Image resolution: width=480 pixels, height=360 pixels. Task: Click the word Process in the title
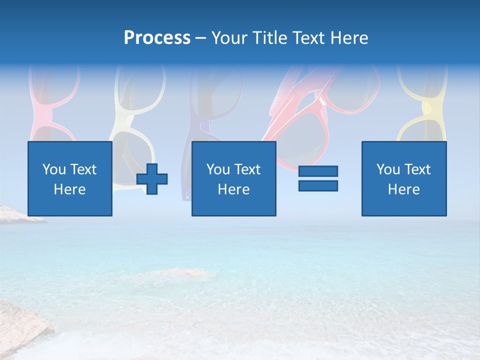tap(157, 38)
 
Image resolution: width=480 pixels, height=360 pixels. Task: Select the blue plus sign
tap(152, 179)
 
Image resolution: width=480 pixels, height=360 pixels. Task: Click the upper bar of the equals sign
tap(318, 171)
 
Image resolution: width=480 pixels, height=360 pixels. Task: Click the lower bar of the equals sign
tap(318, 185)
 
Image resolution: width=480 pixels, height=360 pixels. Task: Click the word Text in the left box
tap(83, 169)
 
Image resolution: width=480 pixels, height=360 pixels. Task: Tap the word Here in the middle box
tap(233, 189)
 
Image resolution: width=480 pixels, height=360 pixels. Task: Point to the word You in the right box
tap(388, 169)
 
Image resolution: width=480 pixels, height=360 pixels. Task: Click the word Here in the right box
tap(403, 189)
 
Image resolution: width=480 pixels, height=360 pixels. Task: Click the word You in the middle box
tap(218, 169)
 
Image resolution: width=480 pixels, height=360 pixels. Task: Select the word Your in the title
tap(228, 38)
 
